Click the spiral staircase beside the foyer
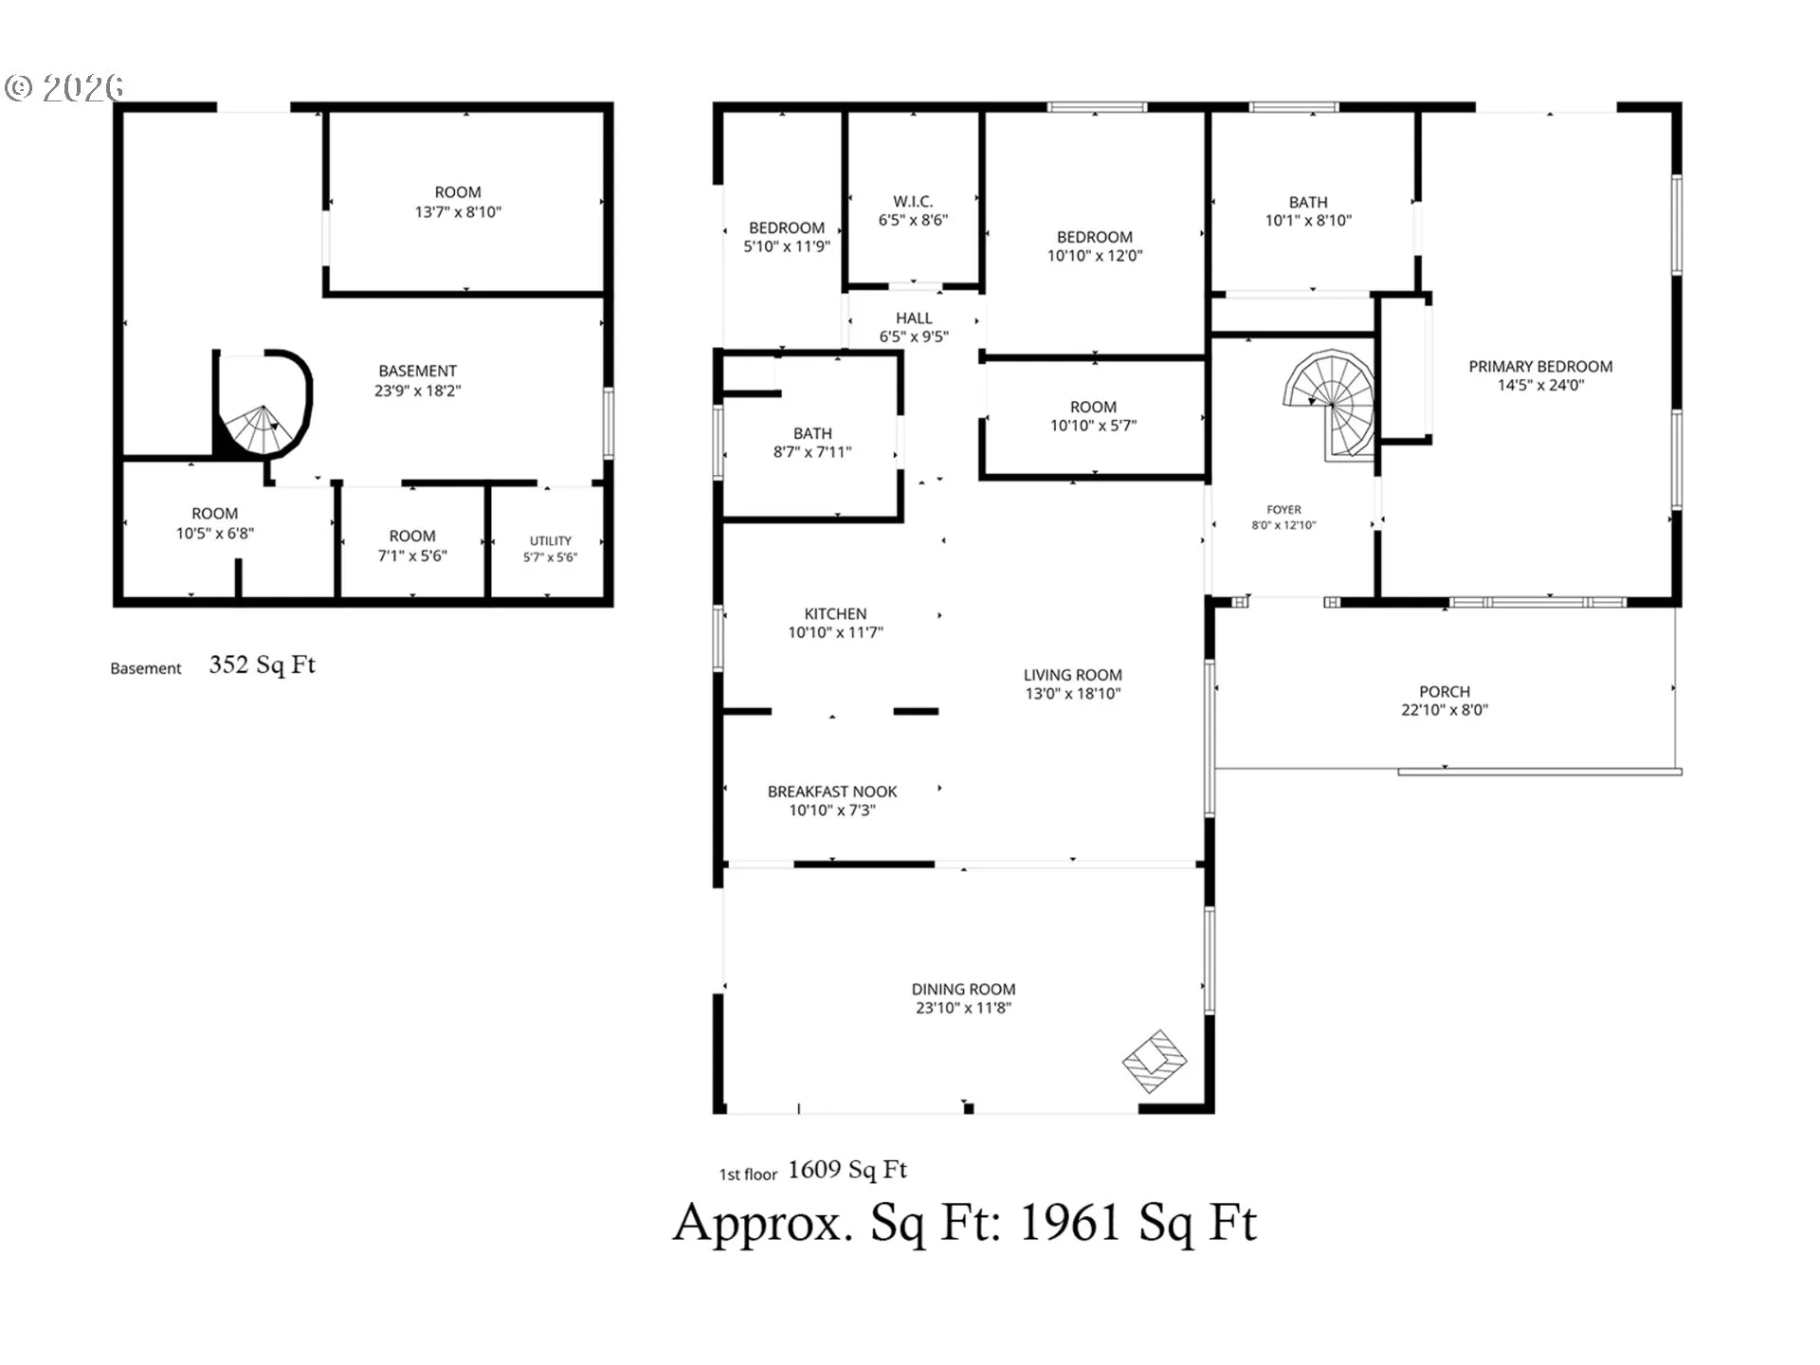click(x=1330, y=404)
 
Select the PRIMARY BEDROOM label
click(x=1540, y=367)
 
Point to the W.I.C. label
click(x=913, y=201)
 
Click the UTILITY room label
click(x=551, y=540)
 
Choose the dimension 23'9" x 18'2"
click(x=417, y=391)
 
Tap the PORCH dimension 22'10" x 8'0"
click(x=1445, y=710)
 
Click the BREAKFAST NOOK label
click(x=832, y=792)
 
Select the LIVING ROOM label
click(x=1073, y=675)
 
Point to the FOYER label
click(x=1284, y=510)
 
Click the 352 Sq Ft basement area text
click(x=263, y=664)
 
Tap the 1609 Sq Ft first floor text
click(x=847, y=1170)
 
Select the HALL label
click(x=914, y=318)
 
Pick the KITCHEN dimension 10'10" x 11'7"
click(x=835, y=632)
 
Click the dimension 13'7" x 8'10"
click(x=458, y=212)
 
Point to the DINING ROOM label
click(x=963, y=990)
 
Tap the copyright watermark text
click(x=64, y=88)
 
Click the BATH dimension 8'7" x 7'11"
click(x=812, y=452)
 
